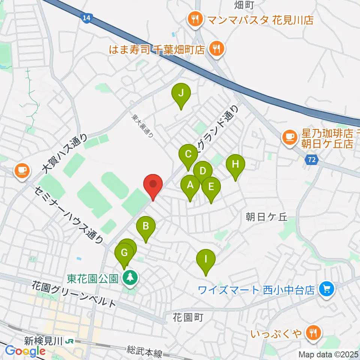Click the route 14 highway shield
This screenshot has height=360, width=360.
pyautogui.click(x=87, y=17)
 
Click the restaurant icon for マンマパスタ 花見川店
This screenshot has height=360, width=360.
pyautogui.click(x=195, y=19)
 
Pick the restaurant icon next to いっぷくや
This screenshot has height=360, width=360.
pyautogui.click(x=312, y=332)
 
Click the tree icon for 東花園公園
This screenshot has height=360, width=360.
pyautogui.click(x=130, y=278)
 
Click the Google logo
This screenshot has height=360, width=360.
pyautogui.click(x=25, y=351)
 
